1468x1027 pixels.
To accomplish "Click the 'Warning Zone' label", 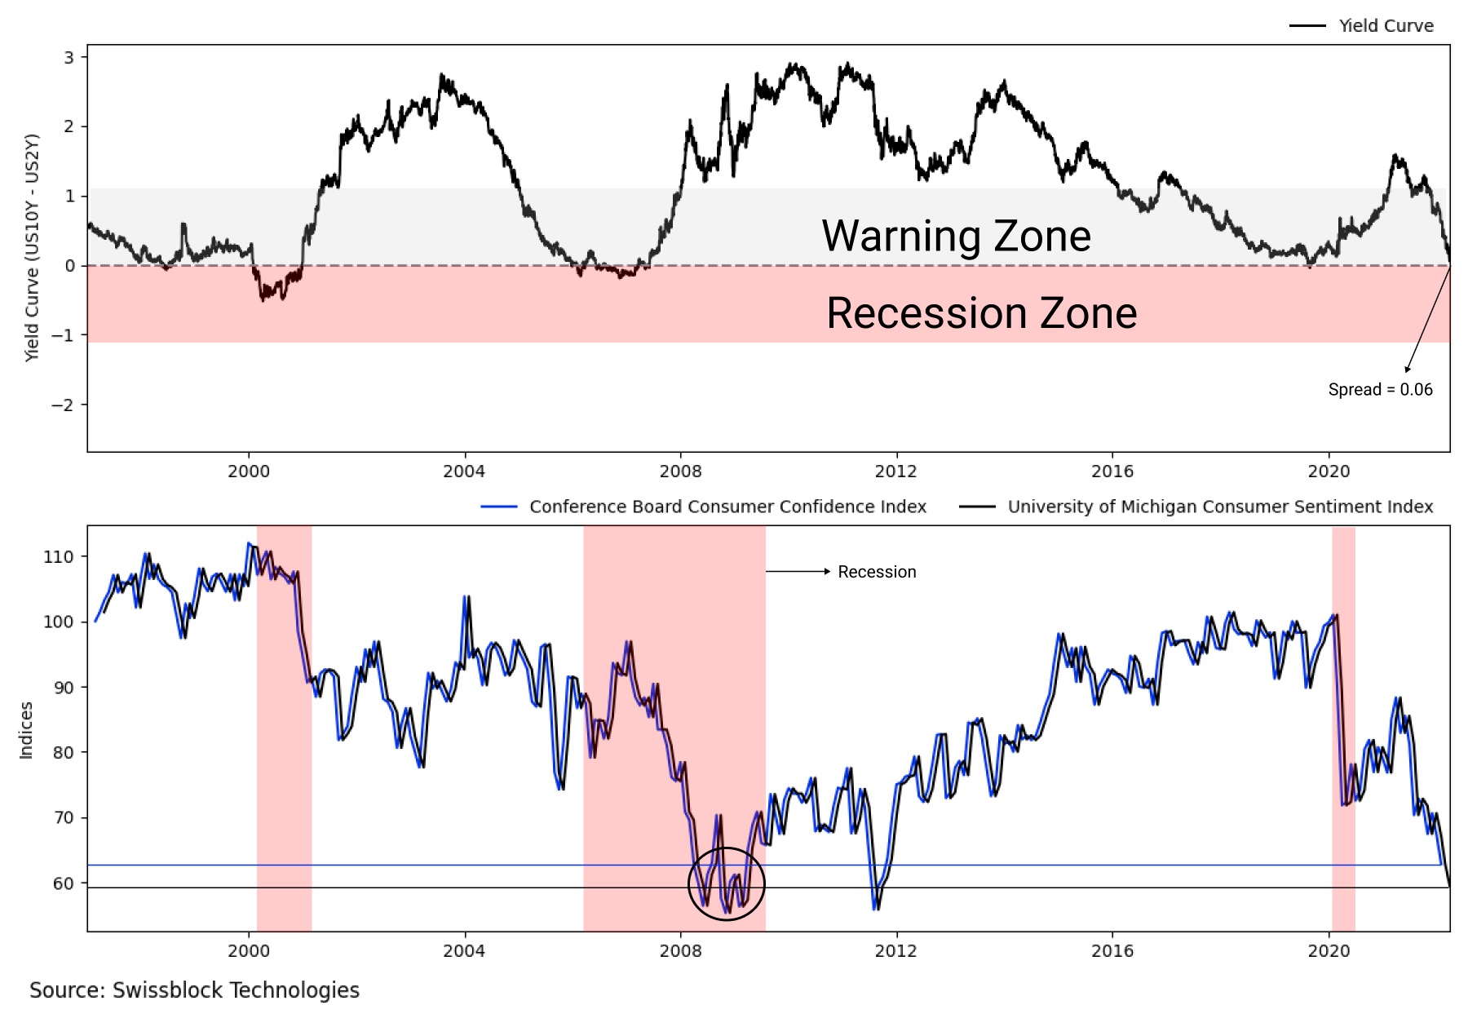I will (956, 236).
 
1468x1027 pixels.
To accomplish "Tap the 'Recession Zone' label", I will (981, 313).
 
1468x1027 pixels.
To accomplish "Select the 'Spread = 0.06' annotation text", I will (1380, 390).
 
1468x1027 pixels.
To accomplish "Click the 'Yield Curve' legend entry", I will (1386, 26).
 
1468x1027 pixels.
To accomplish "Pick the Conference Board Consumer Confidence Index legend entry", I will (727, 507).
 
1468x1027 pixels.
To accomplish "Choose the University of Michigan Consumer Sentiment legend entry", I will (1220, 507).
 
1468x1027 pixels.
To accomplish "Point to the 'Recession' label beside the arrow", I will (877, 572).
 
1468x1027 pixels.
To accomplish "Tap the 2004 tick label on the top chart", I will (464, 471).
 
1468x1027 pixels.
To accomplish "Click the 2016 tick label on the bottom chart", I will (1112, 951).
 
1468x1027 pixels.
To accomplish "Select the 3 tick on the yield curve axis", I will (69, 57).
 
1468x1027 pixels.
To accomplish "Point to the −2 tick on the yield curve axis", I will (64, 405).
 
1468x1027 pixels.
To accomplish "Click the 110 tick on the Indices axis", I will (58, 557).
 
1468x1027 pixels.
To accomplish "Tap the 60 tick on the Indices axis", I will (63, 883).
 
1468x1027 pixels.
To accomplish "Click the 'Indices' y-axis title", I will (26, 730).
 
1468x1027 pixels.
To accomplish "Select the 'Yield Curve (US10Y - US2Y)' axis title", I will (32, 248).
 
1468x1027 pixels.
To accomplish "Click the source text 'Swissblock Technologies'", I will (236, 990).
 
